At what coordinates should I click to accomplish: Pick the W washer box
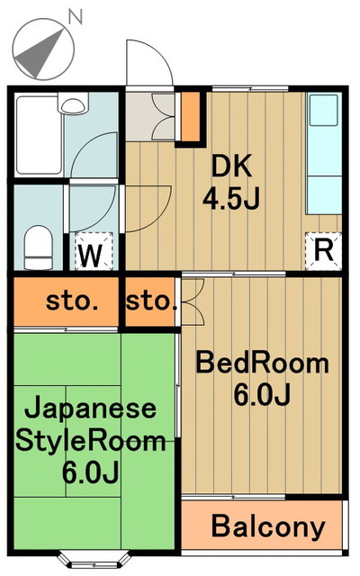point(90,254)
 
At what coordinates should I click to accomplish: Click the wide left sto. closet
point(66,301)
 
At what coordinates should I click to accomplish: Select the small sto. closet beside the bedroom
point(150,301)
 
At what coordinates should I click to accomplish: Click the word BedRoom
point(262,364)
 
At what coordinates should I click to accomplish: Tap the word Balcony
point(267,526)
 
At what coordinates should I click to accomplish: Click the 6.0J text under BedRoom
point(262,396)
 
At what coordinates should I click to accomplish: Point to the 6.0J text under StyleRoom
point(91,471)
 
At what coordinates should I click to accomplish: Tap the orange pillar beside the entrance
point(189,116)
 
